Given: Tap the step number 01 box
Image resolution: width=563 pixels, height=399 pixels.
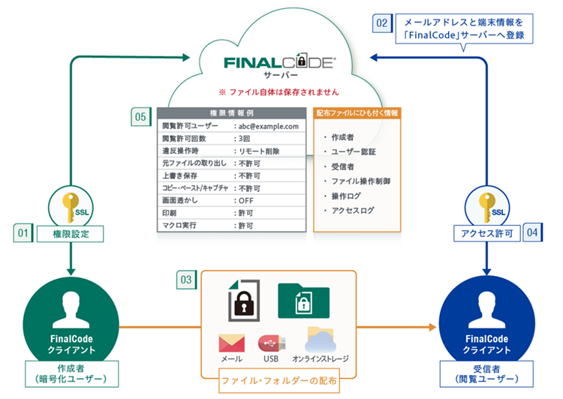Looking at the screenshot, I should tap(23, 234).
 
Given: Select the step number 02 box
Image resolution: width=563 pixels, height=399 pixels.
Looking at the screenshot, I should tap(382, 22).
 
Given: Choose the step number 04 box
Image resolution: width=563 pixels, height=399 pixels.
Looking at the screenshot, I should tap(532, 234).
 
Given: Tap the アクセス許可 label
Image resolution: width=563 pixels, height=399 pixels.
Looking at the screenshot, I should tap(488, 234).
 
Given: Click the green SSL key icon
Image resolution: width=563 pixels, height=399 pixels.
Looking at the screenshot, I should tap(68, 206).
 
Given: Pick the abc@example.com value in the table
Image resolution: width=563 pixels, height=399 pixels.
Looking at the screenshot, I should tap(269, 127).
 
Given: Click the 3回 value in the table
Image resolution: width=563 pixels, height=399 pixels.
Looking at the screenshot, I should tap(245, 139).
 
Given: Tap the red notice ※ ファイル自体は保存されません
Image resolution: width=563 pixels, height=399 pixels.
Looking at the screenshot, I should tap(278, 92).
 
